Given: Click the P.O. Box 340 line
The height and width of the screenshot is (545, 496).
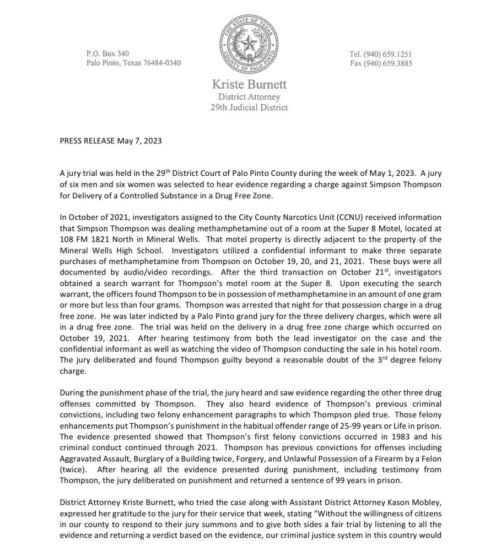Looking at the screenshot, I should (x=107, y=54).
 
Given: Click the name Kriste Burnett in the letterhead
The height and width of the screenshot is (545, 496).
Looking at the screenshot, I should (x=249, y=85).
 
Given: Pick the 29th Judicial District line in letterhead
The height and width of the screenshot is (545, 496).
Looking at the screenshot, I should (x=249, y=107).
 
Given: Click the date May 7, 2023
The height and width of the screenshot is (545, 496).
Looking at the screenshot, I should (x=139, y=141).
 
